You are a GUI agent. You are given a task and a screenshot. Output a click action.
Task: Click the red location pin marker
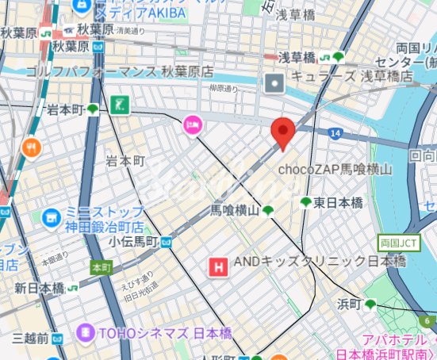282,132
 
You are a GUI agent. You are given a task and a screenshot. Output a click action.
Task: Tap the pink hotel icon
192,124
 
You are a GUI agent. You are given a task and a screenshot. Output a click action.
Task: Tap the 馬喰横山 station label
235,210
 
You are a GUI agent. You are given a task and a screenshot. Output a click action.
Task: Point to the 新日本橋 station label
39,289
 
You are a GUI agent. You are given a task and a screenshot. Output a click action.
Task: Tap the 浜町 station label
350,304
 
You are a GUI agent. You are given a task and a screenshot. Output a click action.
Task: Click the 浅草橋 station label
297,57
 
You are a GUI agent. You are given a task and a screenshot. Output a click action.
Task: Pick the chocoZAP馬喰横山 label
335,169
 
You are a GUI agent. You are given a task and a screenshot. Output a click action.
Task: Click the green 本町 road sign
101,267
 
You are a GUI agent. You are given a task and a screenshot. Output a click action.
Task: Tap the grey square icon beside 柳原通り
274,82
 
